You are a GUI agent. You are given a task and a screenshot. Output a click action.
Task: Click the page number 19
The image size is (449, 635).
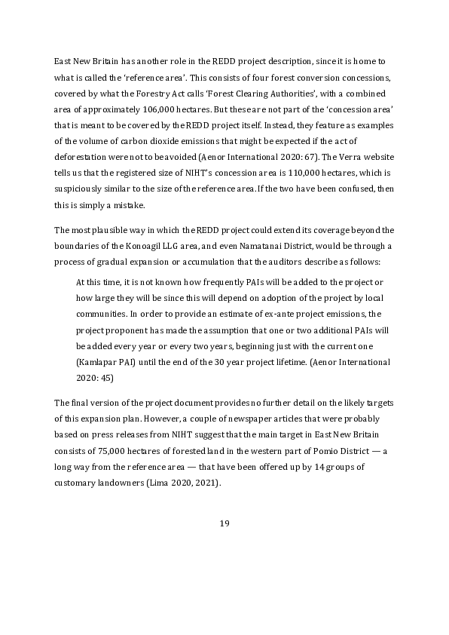pos(224,524)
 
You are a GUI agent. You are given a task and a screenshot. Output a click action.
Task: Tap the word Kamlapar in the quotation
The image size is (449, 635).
pos(99,362)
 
